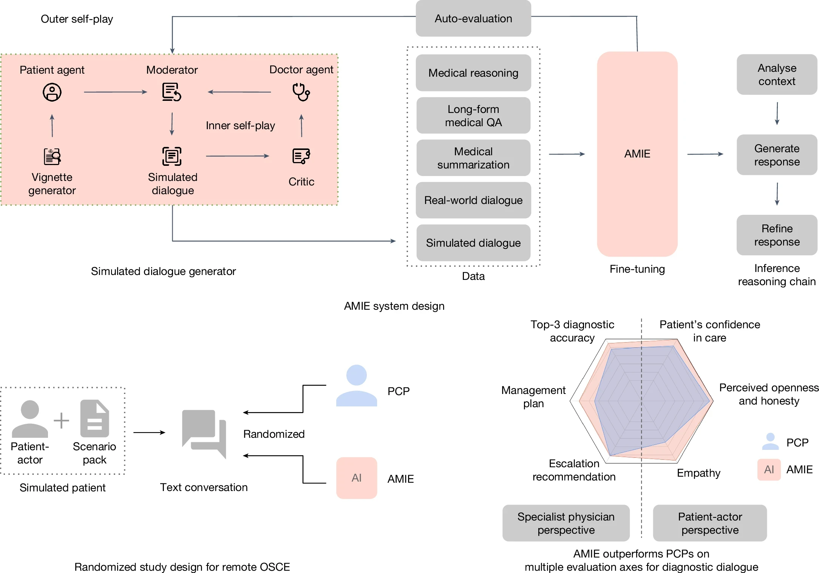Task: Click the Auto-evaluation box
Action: [473, 19]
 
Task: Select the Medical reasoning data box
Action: [473, 73]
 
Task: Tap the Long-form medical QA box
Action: [473, 116]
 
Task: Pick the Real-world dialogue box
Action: [473, 200]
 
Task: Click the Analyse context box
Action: [777, 74]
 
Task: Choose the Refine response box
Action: [777, 235]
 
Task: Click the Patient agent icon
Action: [52, 92]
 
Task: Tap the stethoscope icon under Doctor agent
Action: [301, 92]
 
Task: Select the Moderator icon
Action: [172, 92]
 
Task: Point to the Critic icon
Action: [301, 156]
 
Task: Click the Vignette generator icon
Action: [52, 156]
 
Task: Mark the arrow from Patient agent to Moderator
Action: [115, 92]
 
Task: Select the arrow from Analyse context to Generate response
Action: [777, 113]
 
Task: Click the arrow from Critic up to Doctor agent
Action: [301, 125]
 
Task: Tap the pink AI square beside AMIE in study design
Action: [357, 478]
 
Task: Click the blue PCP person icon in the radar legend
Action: [770, 442]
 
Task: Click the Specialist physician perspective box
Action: [566, 523]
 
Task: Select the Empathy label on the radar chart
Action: [698, 473]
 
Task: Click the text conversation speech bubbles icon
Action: [204, 434]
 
